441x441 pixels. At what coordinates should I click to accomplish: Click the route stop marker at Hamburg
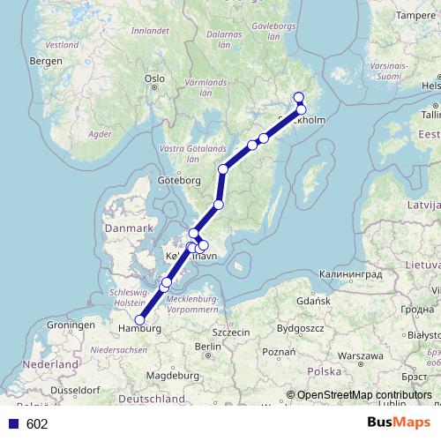pos(139,320)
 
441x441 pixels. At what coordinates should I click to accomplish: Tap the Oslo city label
pos(155,78)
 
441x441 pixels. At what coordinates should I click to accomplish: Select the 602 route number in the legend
pos(37,423)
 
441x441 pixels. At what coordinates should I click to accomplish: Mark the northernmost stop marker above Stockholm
pos(298,98)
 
